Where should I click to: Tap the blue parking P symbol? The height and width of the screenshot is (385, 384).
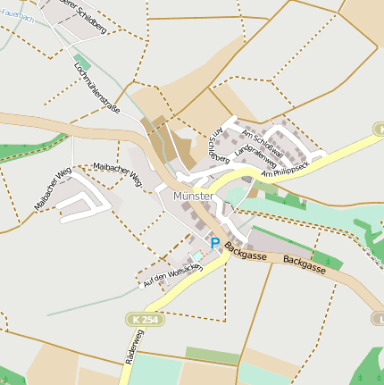(x=214, y=242)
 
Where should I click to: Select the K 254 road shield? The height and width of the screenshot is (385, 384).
(x=145, y=319)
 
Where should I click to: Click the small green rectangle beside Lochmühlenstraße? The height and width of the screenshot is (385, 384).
(x=82, y=63)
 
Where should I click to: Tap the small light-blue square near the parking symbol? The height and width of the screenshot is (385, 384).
(x=197, y=255)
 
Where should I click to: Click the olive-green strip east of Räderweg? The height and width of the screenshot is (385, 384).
(x=213, y=356)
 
